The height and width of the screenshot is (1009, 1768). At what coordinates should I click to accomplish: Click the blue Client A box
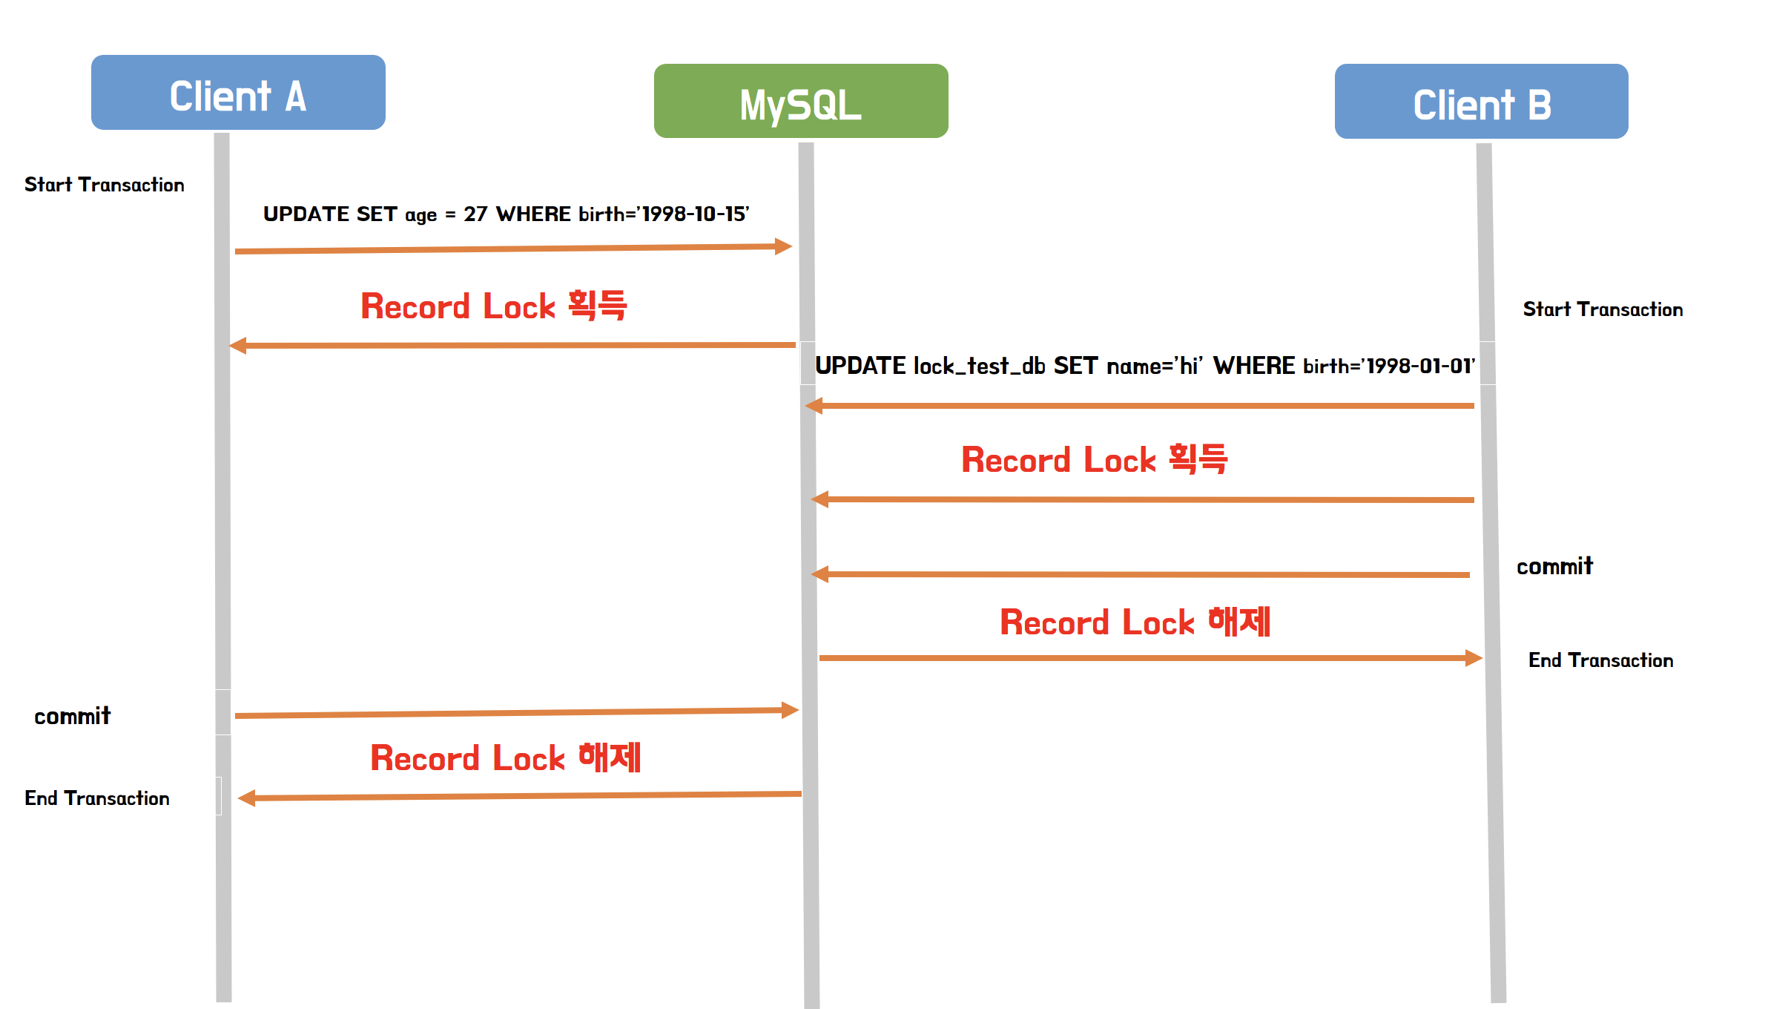click(x=238, y=93)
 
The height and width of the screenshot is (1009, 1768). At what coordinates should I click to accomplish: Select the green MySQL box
click(x=801, y=102)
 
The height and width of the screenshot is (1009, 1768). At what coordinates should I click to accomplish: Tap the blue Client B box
click(x=1481, y=102)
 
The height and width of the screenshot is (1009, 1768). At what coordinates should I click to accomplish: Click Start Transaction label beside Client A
click(x=105, y=185)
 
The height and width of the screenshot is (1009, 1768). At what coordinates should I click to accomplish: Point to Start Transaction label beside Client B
click(x=1603, y=309)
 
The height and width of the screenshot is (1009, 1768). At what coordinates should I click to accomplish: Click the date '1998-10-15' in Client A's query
click(x=695, y=214)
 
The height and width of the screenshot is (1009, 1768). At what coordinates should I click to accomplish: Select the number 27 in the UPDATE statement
click(x=475, y=214)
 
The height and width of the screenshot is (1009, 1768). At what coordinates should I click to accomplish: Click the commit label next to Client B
click(x=1554, y=567)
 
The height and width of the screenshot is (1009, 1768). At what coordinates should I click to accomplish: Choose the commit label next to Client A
click(x=73, y=716)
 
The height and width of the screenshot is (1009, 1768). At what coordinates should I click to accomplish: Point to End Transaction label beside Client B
click(x=1600, y=660)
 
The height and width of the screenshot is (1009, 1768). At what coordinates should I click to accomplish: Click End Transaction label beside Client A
click(x=97, y=798)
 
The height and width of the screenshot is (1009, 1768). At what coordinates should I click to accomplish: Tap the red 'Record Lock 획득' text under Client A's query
click(x=494, y=306)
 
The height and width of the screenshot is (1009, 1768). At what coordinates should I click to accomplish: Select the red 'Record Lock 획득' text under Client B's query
click(x=1094, y=459)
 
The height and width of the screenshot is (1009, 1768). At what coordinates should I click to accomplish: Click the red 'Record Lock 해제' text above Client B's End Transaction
click(x=1135, y=622)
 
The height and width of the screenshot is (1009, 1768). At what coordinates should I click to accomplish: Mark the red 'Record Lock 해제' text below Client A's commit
click(x=505, y=757)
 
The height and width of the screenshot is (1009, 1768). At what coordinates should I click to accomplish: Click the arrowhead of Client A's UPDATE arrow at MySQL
click(x=783, y=246)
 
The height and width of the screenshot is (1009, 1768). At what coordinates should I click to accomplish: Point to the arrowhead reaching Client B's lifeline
click(x=1474, y=658)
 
